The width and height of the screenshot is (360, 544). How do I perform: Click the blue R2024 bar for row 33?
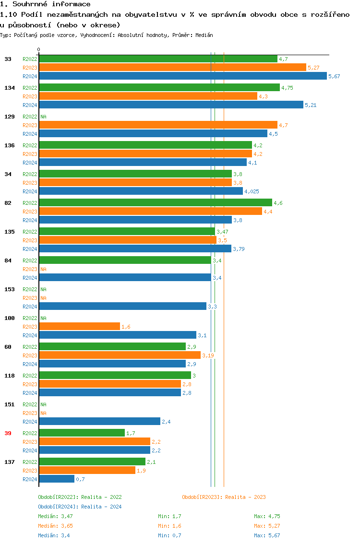coord(182,76)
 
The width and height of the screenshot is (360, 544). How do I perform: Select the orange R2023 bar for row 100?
coord(79,327)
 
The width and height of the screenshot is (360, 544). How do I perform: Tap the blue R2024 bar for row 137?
coord(57,479)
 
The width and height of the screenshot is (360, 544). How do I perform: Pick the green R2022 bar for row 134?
coord(159,88)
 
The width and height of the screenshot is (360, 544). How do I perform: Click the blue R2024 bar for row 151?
coord(99,422)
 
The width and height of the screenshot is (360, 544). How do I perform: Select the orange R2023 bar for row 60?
coord(120,355)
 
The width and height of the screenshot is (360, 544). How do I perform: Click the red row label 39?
coord(8,433)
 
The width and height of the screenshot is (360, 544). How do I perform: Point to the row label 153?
coord(9,289)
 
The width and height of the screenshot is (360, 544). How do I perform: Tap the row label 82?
coord(8,203)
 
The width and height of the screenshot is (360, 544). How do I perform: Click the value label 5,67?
coord(334,76)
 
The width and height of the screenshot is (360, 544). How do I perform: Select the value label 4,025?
coord(252,191)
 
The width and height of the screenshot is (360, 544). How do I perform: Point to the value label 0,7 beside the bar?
coord(80,479)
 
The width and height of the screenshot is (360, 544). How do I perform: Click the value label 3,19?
coord(208,355)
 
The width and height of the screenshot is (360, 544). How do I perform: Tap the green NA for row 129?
coord(43,117)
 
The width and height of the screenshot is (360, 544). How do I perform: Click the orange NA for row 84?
coord(43,269)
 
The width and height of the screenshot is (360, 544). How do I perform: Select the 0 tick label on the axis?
coord(39,49)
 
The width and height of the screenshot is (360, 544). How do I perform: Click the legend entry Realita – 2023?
coord(224,497)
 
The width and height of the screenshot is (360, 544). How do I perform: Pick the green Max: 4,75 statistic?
coord(267,516)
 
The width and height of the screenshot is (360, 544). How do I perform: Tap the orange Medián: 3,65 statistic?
coord(55,526)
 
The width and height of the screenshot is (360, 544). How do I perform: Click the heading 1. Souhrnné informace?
coord(45,4)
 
